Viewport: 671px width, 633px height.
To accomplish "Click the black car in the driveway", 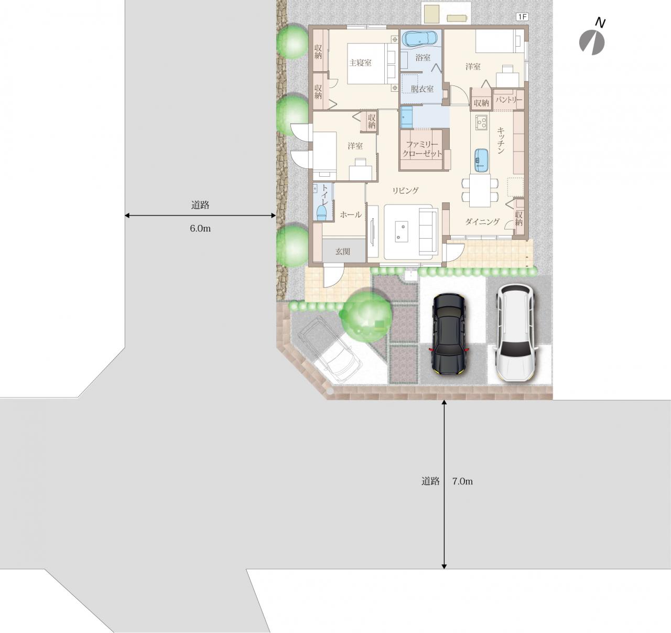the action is pyautogui.click(x=449, y=334).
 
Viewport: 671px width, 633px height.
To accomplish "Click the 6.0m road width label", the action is pyautogui.click(x=200, y=229).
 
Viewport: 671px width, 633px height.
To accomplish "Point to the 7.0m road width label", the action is pyautogui.click(x=462, y=481).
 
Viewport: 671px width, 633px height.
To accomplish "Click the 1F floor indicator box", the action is pyautogui.click(x=522, y=17).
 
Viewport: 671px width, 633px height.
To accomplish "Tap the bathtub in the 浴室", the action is pyautogui.click(x=421, y=40).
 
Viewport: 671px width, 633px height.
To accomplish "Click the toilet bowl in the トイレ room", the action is pyautogui.click(x=321, y=214).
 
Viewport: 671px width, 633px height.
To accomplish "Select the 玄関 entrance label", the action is pyautogui.click(x=343, y=251).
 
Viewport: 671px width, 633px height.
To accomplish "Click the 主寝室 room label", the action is pyautogui.click(x=360, y=62).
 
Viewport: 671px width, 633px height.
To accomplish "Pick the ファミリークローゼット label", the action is pyautogui.click(x=423, y=149).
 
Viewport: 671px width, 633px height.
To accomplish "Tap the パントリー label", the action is pyautogui.click(x=509, y=100).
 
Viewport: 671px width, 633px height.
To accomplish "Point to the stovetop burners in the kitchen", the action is pyautogui.click(x=481, y=122).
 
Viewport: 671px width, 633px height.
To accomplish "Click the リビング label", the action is pyautogui.click(x=405, y=190).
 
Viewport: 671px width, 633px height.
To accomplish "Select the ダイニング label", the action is pyautogui.click(x=482, y=221).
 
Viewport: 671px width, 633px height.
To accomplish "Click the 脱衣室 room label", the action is pyautogui.click(x=422, y=89).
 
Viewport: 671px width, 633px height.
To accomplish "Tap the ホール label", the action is pyautogui.click(x=351, y=214).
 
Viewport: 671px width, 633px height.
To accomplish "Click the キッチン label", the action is pyautogui.click(x=501, y=141).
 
